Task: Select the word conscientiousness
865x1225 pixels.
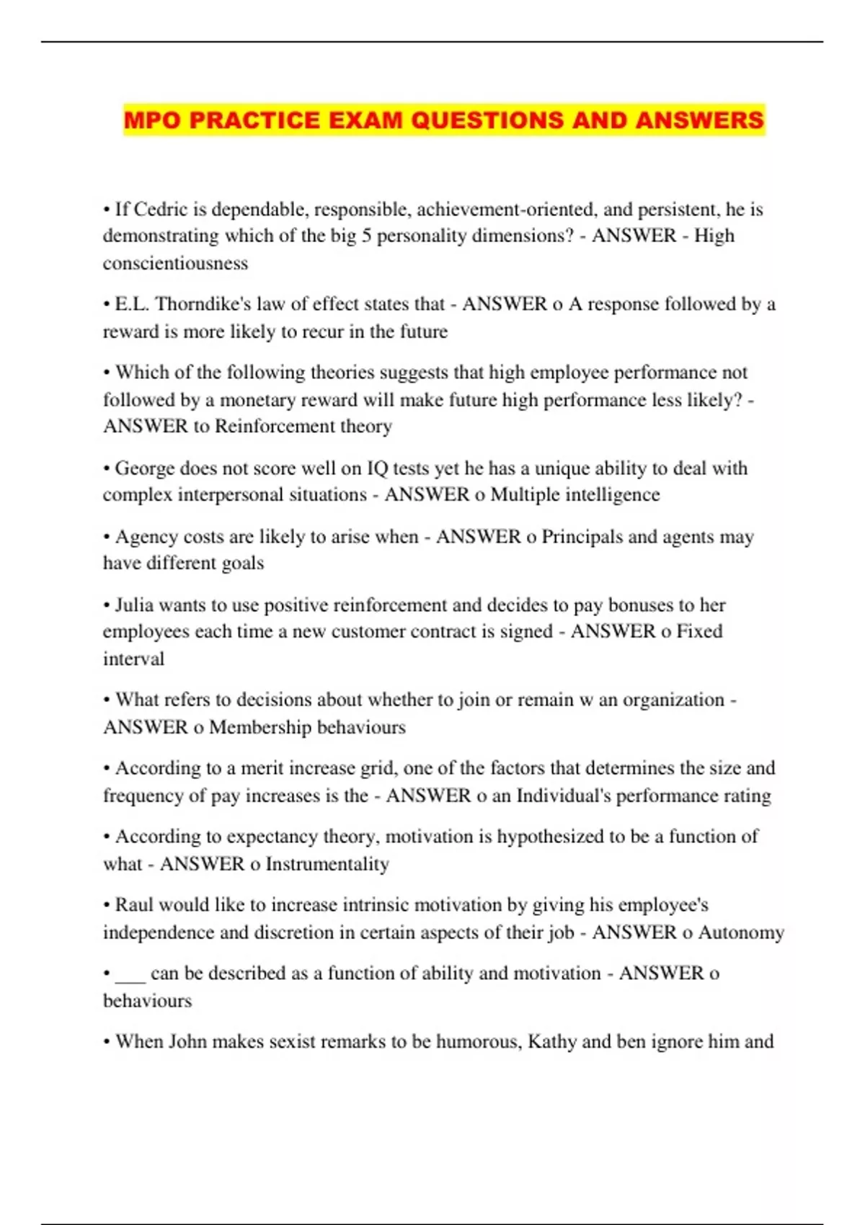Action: [x=175, y=263]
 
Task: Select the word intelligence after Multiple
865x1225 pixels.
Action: [x=612, y=495]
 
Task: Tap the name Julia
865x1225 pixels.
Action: [x=134, y=605]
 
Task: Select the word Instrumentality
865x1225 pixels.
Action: [x=327, y=864]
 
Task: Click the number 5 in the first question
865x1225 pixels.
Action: [x=367, y=236]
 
